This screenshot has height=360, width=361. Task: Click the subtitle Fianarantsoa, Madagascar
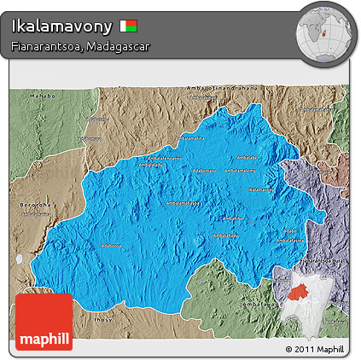(x=81, y=46)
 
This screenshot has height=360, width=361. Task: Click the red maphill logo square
(x=44, y=322)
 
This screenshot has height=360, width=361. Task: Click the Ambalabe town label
(x=247, y=157)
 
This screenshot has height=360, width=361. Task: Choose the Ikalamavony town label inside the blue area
(x=183, y=203)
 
